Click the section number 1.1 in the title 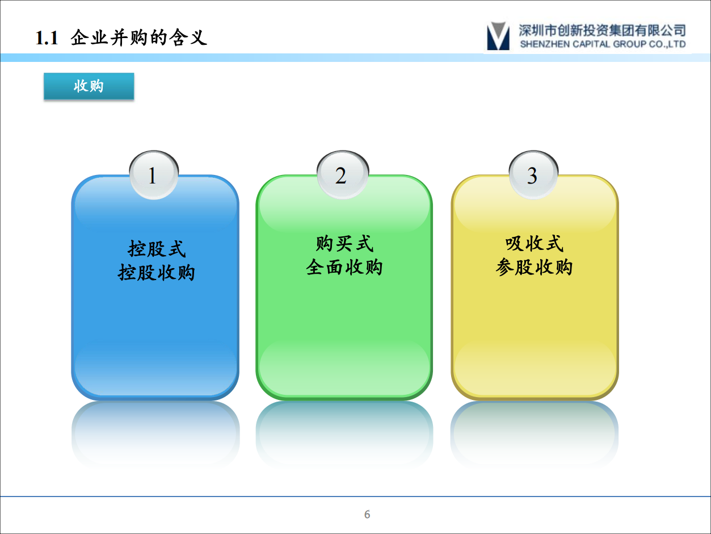[x=47, y=38]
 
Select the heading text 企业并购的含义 [x=139, y=38]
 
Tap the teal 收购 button [x=89, y=86]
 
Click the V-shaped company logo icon [x=498, y=36]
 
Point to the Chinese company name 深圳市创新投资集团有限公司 [x=602, y=30]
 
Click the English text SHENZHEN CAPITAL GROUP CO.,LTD [x=602, y=44]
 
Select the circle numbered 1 [x=152, y=176]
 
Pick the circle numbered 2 [x=340, y=176]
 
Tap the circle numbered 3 [x=532, y=176]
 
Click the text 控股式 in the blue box [x=157, y=249]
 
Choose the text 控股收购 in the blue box [x=157, y=273]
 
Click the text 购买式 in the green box [x=344, y=244]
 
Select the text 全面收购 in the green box [x=344, y=267]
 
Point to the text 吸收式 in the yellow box [x=534, y=244]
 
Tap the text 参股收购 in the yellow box [x=534, y=267]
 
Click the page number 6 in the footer [x=367, y=515]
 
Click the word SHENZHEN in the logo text [x=542, y=44]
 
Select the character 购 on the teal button [x=96, y=86]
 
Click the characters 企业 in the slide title [x=90, y=38]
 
